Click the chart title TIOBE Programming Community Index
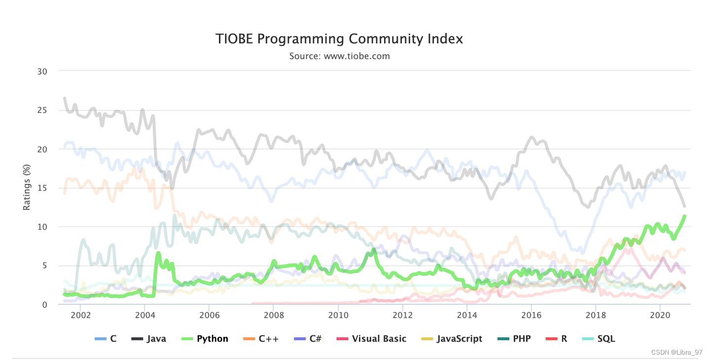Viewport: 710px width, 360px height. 339,39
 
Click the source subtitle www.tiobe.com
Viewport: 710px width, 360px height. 339,56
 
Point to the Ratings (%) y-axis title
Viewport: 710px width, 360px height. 27,188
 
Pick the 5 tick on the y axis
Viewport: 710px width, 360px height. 44,266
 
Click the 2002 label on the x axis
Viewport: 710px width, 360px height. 80,315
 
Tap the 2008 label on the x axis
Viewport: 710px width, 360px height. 273,315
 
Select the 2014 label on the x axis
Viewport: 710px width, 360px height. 466,315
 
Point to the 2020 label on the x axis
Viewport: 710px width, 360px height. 660,315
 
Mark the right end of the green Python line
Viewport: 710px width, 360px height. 685,216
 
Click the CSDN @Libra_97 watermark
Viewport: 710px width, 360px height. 676,352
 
